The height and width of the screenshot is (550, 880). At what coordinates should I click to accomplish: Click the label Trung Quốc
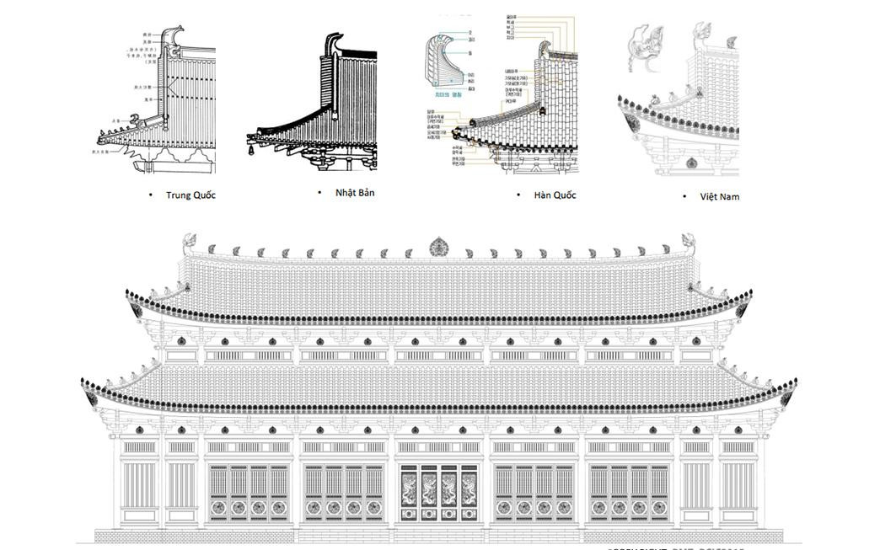pyautogui.click(x=190, y=195)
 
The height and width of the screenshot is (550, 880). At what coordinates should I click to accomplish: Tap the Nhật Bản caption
pyautogui.click(x=355, y=193)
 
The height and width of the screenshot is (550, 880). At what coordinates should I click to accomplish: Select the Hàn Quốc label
pyautogui.click(x=555, y=195)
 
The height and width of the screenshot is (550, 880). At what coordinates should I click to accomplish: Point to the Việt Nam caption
pyautogui.click(x=719, y=196)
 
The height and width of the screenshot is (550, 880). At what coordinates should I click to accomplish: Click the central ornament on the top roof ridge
pyautogui.click(x=439, y=247)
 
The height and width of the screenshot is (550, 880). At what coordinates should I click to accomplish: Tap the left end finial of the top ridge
pyautogui.click(x=190, y=243)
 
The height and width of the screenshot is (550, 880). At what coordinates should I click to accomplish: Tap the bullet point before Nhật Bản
pyautogui.click(x=319, y=193)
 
